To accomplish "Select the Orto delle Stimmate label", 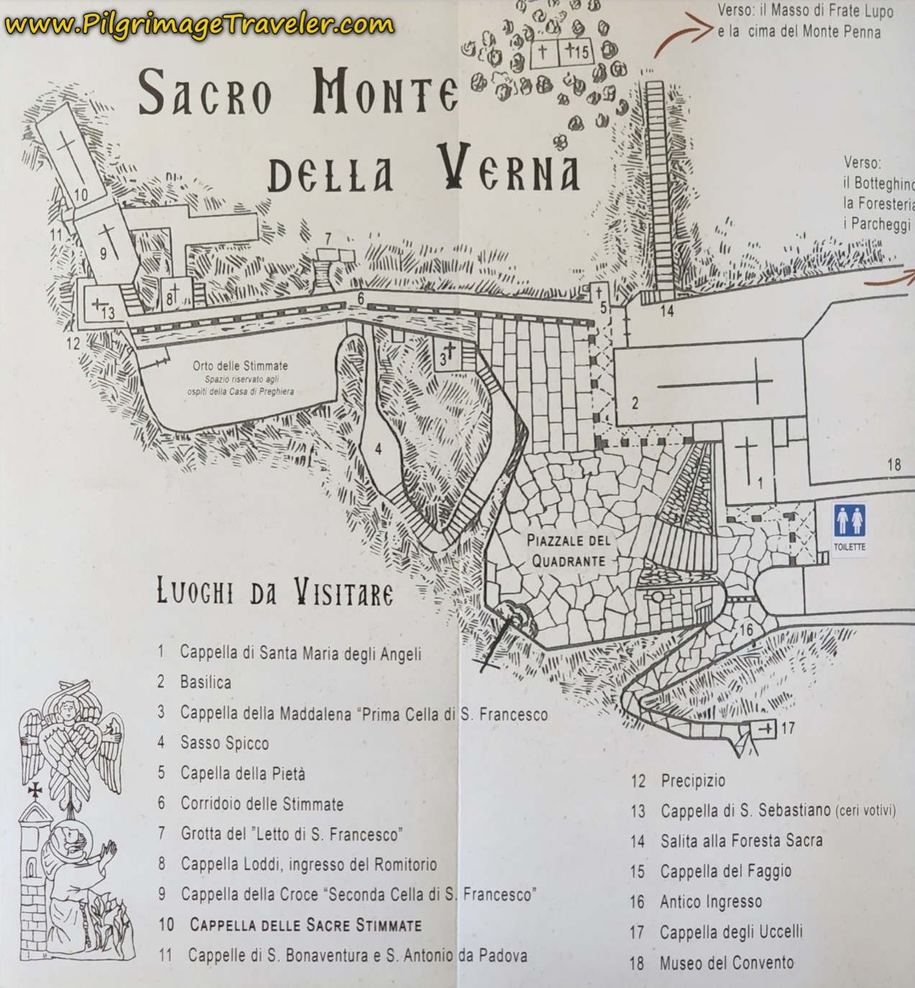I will (x=230, y=365).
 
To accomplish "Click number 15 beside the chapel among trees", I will (x=582, y=51).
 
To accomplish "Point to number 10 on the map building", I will (x=80, y=194).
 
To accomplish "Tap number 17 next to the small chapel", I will (x=788, y=728).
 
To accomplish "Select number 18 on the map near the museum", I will (x=893, y=465).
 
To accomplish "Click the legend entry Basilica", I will (x=206, y=682).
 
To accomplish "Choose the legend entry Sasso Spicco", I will (x=224, y=743).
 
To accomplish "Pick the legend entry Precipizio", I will (x=693, y=780).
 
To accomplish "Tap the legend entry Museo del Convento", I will (x=727, y=963).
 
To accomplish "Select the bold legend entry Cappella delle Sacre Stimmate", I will (x=306, y=925).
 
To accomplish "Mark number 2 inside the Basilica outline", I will (x=634, y=403).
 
